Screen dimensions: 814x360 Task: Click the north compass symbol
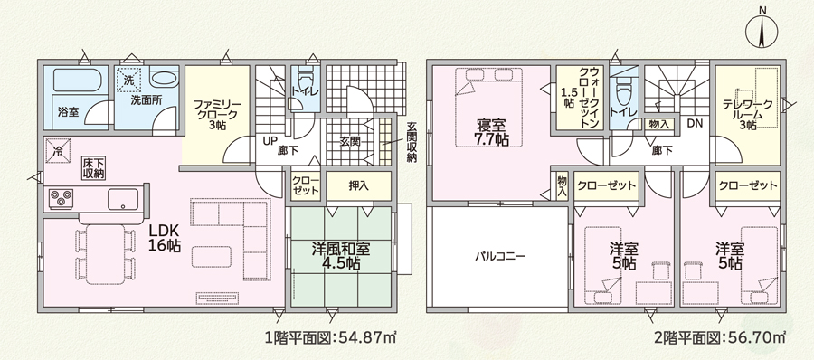pyautogui.click(x=762, y=30)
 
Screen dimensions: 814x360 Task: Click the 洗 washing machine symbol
pyautogui.click(x=128, y=80)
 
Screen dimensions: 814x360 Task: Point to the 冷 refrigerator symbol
pyautogui.click(x=57, y=152)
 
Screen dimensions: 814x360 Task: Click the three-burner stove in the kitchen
pyautogui.click(x=62, y=198)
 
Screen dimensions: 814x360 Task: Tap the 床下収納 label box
pyautogui.click(x=94, y=168)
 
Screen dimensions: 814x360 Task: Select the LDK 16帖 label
pyautogui.click(x=166, y=237)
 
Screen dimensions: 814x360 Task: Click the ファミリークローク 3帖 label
pyautogui.click(x=215, y=114)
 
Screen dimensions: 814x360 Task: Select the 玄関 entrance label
pyautogui.click(x=350, y=141)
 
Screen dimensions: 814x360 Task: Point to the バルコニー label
pyautogui.click(x=500, y=256)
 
